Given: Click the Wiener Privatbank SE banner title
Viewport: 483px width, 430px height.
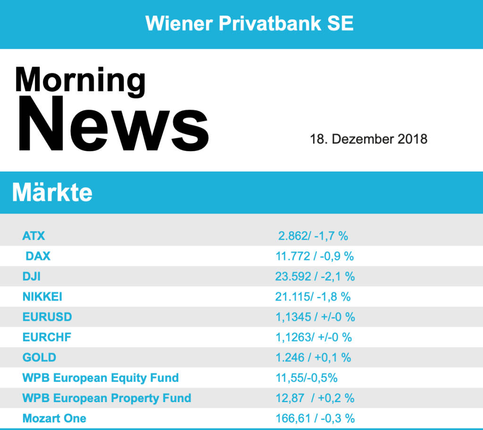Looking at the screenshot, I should (250, 23).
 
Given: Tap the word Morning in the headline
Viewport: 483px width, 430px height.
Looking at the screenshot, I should (80, 79).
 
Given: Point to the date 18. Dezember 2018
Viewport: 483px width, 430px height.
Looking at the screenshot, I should (368, 139).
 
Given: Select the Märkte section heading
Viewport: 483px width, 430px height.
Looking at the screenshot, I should (52, 193).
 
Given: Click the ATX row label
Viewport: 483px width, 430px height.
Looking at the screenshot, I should (33, 235).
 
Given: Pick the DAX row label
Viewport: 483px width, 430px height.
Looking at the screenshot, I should (38, 256).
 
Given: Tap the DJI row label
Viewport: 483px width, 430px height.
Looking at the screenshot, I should (32, 276).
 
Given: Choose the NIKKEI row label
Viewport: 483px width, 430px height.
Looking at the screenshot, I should (42, 297).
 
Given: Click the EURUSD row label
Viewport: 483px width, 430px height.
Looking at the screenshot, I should (47, 317).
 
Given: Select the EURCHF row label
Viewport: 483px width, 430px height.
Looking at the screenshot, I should (47, 337).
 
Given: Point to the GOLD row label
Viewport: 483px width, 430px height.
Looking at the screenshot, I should (39, 358).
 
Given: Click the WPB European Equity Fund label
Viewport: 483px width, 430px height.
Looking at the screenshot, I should (100, 378).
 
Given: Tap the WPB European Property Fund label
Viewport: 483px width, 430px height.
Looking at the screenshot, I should (107, 398).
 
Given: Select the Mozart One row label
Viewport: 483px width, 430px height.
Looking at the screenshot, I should (54, 419).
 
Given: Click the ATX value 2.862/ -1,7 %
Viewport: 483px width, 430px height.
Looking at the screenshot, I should (313, 235).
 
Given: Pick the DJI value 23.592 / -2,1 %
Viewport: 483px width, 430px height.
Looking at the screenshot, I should (315, 276).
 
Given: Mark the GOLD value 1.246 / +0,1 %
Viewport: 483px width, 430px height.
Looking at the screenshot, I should (313, 358).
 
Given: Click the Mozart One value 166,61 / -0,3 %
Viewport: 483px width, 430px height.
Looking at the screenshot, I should (315, 419).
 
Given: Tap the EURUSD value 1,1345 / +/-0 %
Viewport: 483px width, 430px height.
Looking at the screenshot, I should (315, 317).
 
